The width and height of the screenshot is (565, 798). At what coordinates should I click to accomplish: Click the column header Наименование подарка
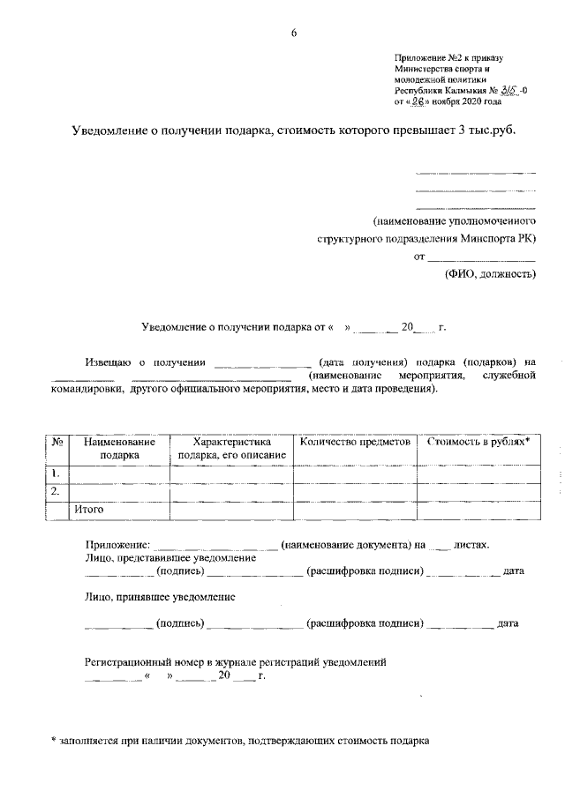click(119, 448)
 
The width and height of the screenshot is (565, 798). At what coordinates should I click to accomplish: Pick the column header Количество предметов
click(355, 441)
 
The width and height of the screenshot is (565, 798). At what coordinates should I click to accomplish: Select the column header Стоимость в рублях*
click(478, 441)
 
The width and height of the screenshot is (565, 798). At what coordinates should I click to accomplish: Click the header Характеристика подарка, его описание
click(231, 448)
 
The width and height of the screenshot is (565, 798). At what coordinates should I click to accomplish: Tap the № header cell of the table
click(56, 441)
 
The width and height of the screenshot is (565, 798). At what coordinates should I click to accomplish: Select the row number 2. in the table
click(56, 492)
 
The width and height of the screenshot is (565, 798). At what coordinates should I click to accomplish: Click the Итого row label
click(89, 510)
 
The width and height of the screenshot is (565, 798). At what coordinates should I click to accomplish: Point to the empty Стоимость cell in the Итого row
click(478, 510)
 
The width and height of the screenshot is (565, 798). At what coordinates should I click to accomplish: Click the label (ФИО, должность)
click(489, 274)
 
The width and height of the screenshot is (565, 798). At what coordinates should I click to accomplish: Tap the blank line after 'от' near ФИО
click(481, 257)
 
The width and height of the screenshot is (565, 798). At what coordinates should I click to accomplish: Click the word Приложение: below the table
click(117, 545)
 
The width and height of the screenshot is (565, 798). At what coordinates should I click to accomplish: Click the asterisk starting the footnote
click(53, 742)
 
